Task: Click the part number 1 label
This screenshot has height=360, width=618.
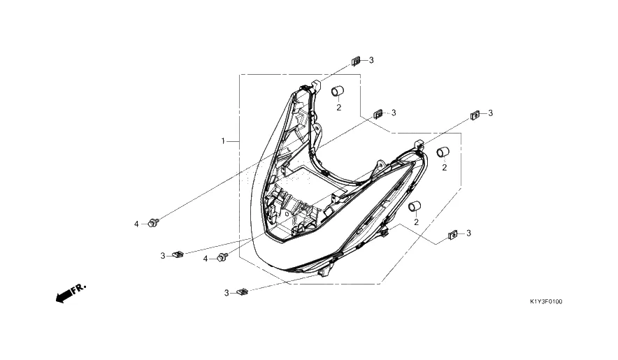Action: point(223,141)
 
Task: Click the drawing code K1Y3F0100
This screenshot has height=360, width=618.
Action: point(546,302)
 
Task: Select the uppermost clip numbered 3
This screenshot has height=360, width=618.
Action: point(356,61)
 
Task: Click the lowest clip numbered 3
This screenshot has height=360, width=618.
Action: point(243,292)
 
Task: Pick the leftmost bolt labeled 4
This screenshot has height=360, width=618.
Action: point(153,223)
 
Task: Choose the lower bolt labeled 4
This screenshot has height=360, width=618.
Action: point(223,257)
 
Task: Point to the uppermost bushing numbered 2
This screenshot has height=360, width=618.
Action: point(338,91)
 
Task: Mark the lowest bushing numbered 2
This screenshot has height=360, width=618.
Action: point(415,206)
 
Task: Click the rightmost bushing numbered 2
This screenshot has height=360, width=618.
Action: point(443,152)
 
